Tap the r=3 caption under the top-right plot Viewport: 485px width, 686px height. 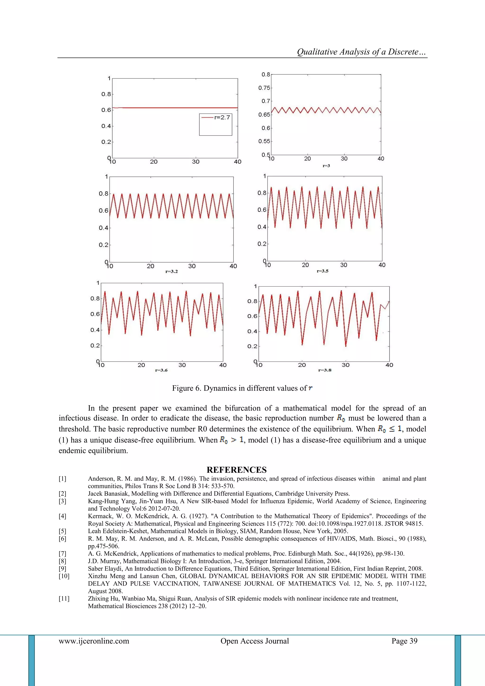[x=326, y=166]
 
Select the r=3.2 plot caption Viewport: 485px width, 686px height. [x=171, y=271]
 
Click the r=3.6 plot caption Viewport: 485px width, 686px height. [x=161, y=370]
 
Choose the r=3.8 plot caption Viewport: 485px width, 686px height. [x=325, y=370]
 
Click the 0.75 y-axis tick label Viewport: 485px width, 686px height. [x=264, y=88]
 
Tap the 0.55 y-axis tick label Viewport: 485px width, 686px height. [x=264, y=141]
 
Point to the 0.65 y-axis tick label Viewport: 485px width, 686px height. [x=264, y=115]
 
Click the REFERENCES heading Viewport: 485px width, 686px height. [x=237, y=470]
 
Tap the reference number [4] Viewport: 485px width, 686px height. [x=63, y=516]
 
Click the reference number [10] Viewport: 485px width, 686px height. [x=64, y=576]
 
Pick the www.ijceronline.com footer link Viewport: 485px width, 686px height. [x=94, y=641]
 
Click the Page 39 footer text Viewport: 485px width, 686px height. [x=404, y=641]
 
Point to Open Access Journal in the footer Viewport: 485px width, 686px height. [x=254, y=641]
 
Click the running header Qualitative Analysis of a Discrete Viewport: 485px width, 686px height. [x=361, y=52]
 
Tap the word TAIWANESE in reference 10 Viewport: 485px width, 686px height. [x=220, y=584]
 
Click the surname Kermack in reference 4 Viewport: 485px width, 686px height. [x=99, y=516]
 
